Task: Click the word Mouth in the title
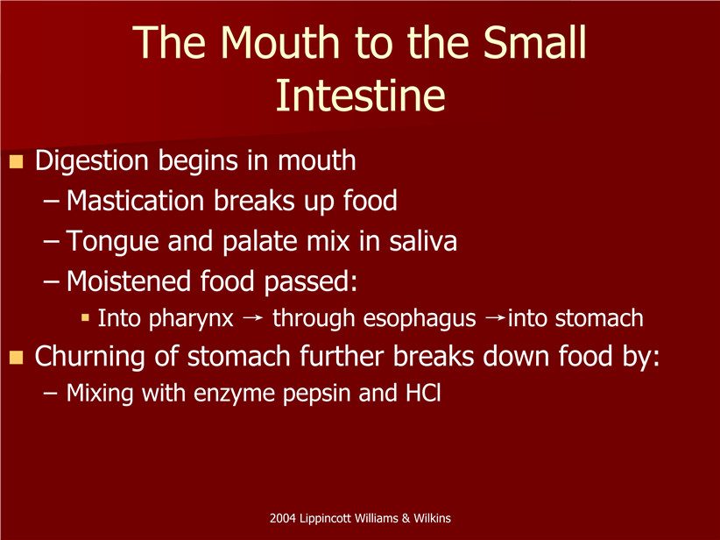coord(279,42)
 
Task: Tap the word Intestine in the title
coord(361,96)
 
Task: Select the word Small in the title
coord(534,42)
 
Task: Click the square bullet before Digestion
coord(16,162)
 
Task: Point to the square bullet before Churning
coord(16,357)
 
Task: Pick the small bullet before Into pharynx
coord(85,317)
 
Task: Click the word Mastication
coord(135,202)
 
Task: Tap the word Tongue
coord(112,242)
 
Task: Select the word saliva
coord(423,241)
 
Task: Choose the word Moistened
coord(128,281)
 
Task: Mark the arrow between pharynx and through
coord(252,318)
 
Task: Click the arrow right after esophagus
coord(495,318)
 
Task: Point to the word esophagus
coord(420,319)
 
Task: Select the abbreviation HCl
coord(423,393)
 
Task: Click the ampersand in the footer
coord(406,518)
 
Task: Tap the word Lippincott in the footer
coord(326,519)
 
